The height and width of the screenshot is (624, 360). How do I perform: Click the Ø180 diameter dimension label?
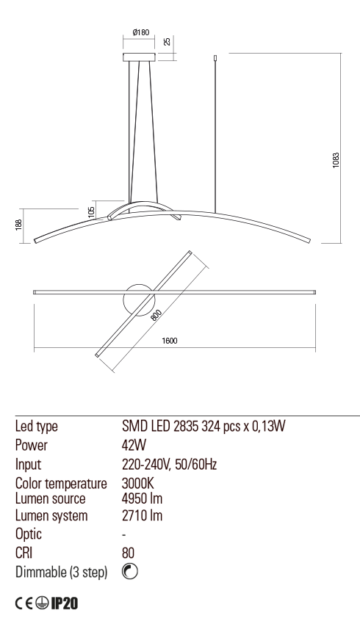141,32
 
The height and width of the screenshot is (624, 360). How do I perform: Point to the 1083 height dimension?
336,160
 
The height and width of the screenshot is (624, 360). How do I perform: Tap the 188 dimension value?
18,225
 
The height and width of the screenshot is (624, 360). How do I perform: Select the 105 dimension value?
92,211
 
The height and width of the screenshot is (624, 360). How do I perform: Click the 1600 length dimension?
170,341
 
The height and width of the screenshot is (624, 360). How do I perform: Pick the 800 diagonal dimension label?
156,315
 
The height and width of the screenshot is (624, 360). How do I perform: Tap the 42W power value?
134,445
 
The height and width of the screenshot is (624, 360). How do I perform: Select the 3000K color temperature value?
138,483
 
